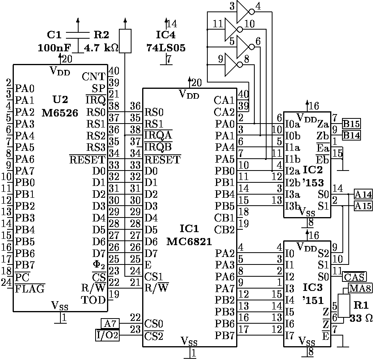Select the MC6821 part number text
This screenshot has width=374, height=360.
tap(190, 241)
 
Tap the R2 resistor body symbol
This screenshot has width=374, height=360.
tap(125, 41)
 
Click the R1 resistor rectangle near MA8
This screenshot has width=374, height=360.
tap(344, 305)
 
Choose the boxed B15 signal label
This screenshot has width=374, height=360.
tap(351, 124)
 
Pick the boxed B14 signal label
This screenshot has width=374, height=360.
tap(351, 135)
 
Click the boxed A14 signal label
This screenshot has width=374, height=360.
tap(363, 194)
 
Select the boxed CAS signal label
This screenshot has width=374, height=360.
tap(354, 276)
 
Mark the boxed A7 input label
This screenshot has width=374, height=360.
tap(110, 324)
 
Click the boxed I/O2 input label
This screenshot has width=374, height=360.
tap(107, 336)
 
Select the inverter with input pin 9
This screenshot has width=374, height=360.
tap(233, 64)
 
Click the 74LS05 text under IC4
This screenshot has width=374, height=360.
tap(166, 48)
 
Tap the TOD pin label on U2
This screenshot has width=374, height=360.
tap(94, 300)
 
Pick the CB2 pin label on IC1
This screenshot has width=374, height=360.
tap(224, 230)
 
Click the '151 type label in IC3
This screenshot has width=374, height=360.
tap(312, 300)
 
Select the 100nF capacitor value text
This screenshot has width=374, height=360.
tap(54, 48)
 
